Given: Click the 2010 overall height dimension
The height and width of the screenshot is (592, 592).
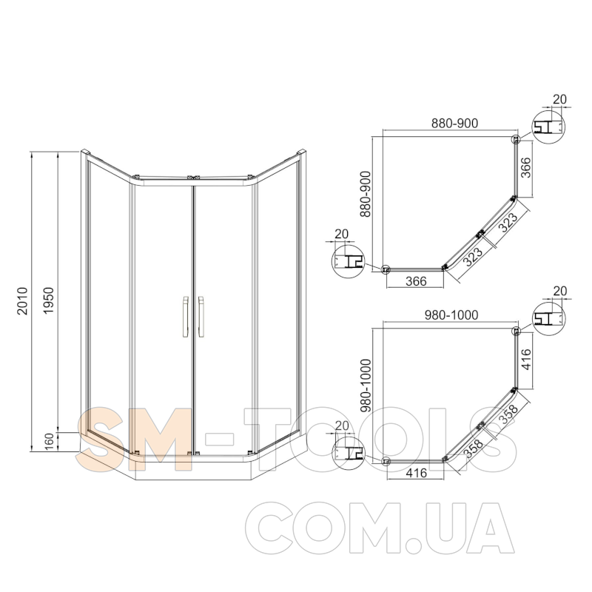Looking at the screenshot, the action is [23, 301].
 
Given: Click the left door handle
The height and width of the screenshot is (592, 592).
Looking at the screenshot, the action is [185, 317].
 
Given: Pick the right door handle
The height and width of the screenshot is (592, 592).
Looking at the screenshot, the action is [201, 317].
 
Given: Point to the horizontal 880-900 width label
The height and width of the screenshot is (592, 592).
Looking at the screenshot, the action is [454, 123].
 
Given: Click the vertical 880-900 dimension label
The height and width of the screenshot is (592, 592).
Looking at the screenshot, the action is [366, 194].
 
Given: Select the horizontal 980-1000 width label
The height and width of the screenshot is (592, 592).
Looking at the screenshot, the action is [451, 315].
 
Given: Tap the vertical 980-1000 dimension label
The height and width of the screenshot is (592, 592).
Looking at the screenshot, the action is [366, 386].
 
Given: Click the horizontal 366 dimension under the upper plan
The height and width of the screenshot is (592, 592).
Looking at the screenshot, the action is [416, 281].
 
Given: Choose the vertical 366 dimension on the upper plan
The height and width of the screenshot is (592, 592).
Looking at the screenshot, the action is [525, 167].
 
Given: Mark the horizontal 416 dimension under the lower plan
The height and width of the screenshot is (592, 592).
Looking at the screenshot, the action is [416, 473].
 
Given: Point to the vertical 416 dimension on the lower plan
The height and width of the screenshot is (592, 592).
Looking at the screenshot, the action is [525, 359].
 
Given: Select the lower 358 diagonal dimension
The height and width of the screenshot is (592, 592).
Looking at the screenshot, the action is [474, 448].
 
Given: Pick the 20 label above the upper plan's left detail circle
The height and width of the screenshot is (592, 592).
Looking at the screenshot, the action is [341, 234].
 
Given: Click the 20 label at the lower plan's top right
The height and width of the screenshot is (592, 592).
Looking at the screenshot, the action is [560, 291].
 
